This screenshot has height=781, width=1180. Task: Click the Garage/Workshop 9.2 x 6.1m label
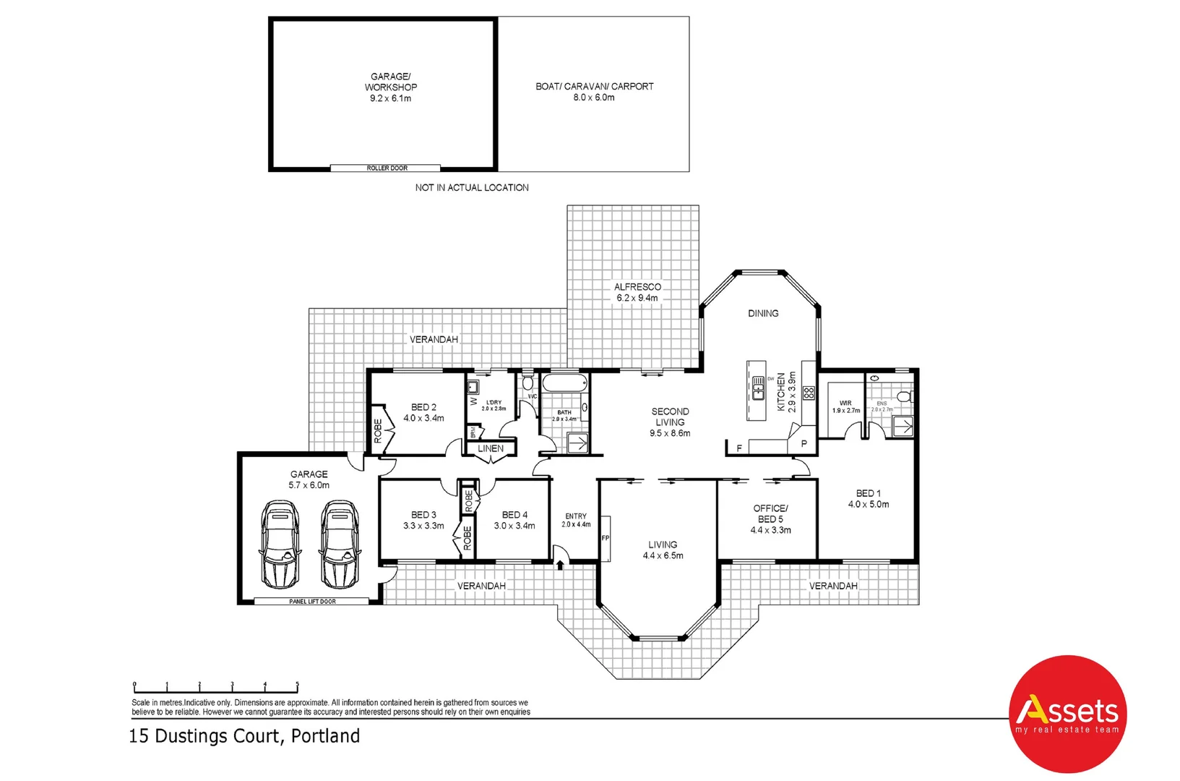pyautogui.click(x=390, y=87)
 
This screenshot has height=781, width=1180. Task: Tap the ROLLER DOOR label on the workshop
pyautogui.click(x=387, y=168)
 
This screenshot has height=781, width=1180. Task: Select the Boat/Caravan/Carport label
pyautogui.click(x=594, y=91)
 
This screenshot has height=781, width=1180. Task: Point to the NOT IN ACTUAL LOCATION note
pyautogui.click(x=471, y=187)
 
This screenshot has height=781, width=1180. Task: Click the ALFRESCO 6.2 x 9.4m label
pyautogui.click(x=637, y=292)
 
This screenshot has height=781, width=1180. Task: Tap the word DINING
pyautogui.click(x=763, y=313)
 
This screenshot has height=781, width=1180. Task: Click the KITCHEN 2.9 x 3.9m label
pyautogui.click(x=786, y=393)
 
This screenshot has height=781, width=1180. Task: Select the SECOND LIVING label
pyautogui.click(x=670, y=422)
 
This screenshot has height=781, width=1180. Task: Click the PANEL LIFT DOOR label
pyautogui.click(x=312, y=601)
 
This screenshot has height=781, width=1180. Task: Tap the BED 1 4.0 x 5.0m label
pyautogui.click(x=868, y=498)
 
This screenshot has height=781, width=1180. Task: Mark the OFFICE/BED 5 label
pyautogui.click(x=770, y=518)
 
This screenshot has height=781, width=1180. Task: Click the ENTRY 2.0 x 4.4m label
pyautogui.click(x=576, y=520)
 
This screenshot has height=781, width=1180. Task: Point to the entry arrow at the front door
pyautogui.click(x=560, y=565)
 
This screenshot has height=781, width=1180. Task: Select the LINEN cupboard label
pyautogui.click(x=491, y=448)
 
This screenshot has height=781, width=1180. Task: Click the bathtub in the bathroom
pyautogui.click(x=565, y=384)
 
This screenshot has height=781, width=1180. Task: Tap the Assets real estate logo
pyautogui.click(x=1067, y=714)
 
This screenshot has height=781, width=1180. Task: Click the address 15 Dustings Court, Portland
pyautogui.click(x=244, y=736)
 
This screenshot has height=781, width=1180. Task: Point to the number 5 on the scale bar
pyautogui.click(x=297, y=684)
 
